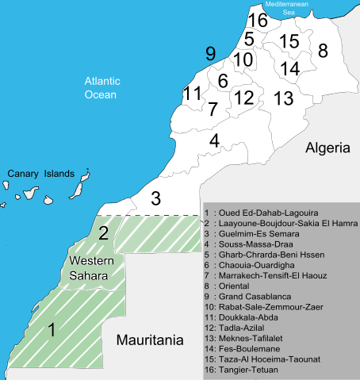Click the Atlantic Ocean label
[101, 87]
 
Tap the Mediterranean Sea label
[290, 8]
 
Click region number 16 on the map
[257, 20]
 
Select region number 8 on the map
[323, 51]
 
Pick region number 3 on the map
[156, 197]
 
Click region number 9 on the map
[210, 54]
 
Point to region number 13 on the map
[283, 98]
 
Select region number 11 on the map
[192, 94]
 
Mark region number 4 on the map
[214, 140]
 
